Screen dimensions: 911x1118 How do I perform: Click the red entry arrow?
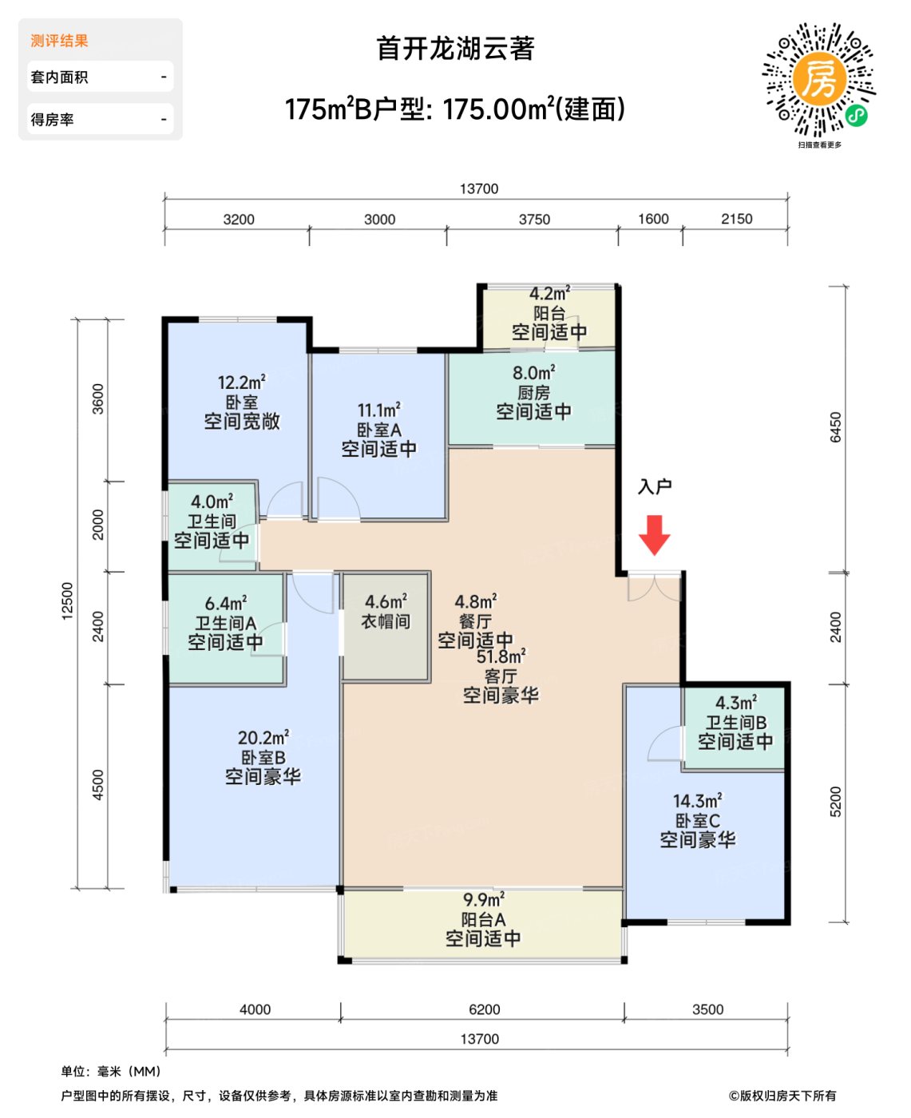[654, 535]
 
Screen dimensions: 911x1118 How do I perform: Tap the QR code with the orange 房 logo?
[819, 79]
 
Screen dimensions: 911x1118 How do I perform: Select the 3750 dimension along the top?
[534, 220]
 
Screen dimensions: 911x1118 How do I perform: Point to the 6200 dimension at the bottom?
[485, 1009]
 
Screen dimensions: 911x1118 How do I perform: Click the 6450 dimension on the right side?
[835, 427]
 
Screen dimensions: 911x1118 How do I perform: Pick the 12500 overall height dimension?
[67, 601]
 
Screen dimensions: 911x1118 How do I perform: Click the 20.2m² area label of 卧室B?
[263, 738]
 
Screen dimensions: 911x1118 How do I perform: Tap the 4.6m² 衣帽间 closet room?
[386, 627]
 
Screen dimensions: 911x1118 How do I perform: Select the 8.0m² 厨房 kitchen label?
[533, 392]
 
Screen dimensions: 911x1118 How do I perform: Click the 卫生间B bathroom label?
[735, 722]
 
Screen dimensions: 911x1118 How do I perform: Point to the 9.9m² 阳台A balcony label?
[483, 919]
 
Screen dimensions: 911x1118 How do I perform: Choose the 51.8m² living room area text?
[501, 656]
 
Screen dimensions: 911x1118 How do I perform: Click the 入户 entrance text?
[655, 486]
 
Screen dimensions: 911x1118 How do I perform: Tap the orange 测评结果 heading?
[59, 41]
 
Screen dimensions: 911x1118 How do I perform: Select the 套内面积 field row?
[101, 77]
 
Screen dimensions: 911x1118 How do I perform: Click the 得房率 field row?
[101, 119]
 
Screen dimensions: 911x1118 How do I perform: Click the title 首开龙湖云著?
[455, 48]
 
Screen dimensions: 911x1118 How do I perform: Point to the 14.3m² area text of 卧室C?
[697, 802]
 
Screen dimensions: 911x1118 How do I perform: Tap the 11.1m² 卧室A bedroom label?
[379, 430]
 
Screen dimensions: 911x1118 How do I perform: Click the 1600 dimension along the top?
[653, 219]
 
